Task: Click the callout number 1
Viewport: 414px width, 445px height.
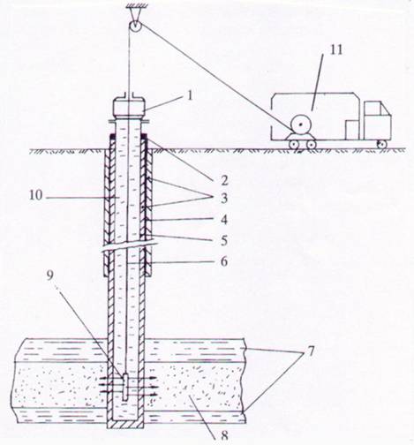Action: click(190, 95)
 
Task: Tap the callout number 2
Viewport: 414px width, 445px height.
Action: click(224, 180)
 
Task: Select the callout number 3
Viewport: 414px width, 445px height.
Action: click(224, 199)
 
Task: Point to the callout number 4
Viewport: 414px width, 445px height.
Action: click(224, 220)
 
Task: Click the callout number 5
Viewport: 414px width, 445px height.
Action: click(224, 240)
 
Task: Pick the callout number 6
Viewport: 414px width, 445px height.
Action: click(224, 261)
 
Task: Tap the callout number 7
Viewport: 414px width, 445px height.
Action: click(311, 351)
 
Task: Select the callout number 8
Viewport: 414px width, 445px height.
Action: click(224, 435)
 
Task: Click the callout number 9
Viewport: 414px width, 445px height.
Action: click(50, 275)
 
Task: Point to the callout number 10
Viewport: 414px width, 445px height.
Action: click(36, 195)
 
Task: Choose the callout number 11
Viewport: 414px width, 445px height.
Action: click(336, 50)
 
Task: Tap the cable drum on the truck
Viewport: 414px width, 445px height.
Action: click(300, 125)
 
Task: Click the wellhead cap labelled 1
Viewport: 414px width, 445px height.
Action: click(129, 108)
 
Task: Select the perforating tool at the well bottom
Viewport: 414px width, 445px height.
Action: click(125, 387)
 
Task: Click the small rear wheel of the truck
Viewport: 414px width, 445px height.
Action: click(381, 144)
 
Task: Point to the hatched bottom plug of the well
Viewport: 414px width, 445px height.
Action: click(125, 424)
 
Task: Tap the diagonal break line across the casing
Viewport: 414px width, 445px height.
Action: click(128, 245)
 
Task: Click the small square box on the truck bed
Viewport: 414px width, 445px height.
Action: click(352, 130)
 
